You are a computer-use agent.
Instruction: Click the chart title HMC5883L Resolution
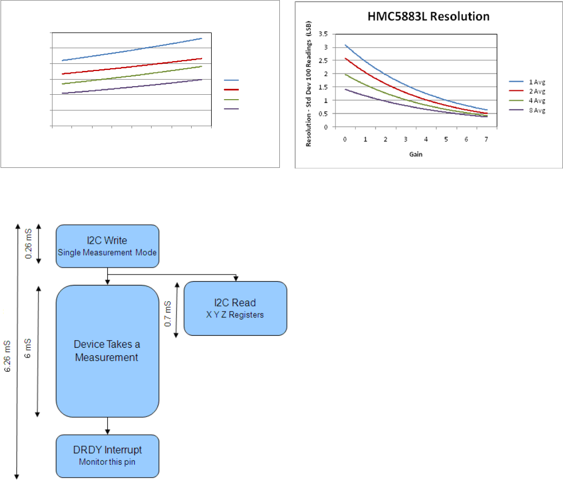click(428, 16)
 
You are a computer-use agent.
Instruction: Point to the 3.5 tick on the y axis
click(324, 34)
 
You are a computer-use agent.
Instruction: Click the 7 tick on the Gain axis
click(487, 139)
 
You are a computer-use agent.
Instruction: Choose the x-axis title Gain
click(415, 154)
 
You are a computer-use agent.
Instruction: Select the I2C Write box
click(107, 246)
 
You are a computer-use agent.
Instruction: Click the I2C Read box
click(235, 308)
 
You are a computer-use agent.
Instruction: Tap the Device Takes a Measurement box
click(107, 351)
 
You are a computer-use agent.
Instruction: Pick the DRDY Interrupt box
click(107, 456)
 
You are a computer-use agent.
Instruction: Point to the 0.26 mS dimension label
click(29, 244)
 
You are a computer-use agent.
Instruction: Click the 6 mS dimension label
click(29, 352)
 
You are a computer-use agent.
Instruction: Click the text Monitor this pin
click(107, 462)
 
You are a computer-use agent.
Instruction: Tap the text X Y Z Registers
click(235, 315)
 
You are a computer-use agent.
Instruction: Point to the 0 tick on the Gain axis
click(345, 139)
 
